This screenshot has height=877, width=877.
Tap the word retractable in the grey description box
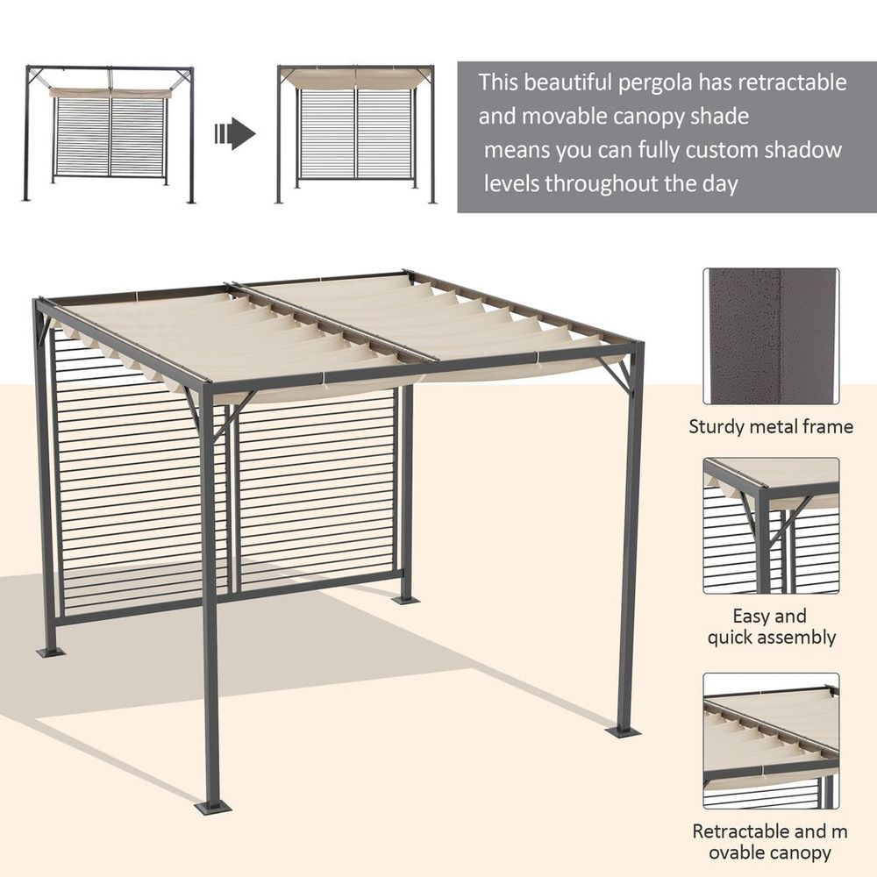point(792,83)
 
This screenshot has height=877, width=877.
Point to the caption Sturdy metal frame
point(770,427)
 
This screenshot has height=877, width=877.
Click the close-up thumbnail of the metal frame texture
point(770,336)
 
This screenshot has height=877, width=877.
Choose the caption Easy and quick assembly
point(771,626)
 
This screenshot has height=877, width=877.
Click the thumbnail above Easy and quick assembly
point(770,525)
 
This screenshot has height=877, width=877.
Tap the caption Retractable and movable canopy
point(771,841)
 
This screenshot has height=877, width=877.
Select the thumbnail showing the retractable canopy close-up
point(770,741)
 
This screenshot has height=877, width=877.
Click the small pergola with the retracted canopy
point(110,133)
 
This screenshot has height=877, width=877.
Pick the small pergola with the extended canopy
point(356,133)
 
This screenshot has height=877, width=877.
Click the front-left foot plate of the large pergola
point(213,804)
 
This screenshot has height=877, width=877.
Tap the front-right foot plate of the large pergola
point(624,730)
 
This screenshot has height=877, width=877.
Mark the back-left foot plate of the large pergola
point(49,652)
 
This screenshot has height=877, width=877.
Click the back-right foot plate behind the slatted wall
point(405,599)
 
